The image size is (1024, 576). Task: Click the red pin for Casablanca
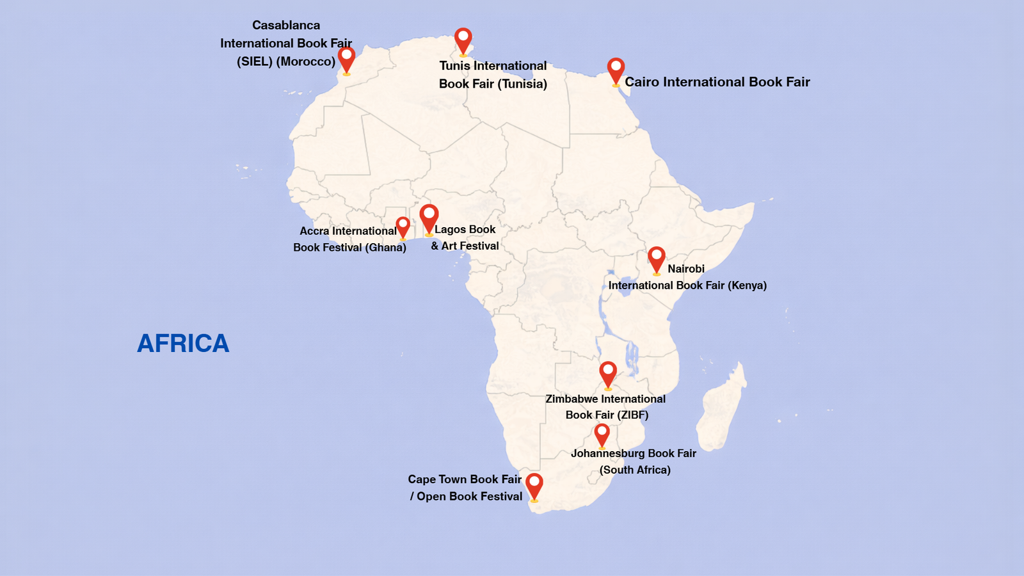coord(346,58)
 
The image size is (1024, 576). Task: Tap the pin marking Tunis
coord(463,39)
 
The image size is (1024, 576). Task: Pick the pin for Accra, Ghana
coord(403,226)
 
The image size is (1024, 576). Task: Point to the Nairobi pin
coord(656,258)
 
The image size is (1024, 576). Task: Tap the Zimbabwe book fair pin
coord(607,372)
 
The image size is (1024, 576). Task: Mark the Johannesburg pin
coord(602,433)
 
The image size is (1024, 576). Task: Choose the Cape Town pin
coord(534,484)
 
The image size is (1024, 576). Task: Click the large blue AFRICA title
coord(183,344)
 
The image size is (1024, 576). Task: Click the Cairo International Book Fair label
coord(717,82)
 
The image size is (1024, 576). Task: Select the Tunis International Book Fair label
coord(493,74)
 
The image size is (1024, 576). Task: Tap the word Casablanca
coord(286,26)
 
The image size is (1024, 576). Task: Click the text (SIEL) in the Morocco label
coord(255,61)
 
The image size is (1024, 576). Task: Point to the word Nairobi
coord(686,269)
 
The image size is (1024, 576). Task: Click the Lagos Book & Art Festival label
coord(465,237)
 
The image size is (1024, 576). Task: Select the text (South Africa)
coord(635,470)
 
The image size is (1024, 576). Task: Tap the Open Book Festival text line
coord(469,497)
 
